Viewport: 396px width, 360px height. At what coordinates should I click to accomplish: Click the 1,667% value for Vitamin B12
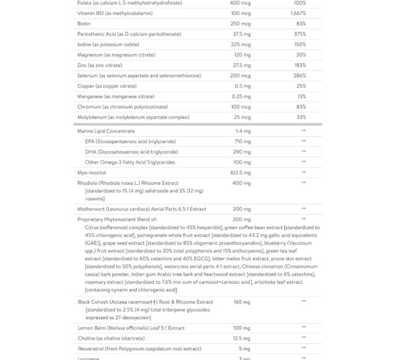(x=300, y=13)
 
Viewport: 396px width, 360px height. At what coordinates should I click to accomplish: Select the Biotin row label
(x=85, y=24)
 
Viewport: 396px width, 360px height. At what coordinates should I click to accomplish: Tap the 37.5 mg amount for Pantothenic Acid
(x=242, y=34)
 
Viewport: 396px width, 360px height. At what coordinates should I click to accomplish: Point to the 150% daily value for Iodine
(x=301, y=45)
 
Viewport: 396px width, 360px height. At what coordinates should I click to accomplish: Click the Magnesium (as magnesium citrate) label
(x=115, y=54)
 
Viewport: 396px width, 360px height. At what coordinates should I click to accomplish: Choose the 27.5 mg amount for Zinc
(x=242, y=65)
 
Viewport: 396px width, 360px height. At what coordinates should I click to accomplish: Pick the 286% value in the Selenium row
(x=301, y=75)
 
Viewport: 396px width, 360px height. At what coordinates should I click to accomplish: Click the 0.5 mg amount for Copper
(x=243, y=86)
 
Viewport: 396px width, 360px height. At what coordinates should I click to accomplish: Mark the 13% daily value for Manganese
(x=302, y=96)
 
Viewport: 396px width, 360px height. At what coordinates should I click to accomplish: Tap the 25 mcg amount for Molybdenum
(x=242, y=117)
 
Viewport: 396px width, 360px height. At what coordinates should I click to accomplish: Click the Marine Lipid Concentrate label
(x=106, y=131)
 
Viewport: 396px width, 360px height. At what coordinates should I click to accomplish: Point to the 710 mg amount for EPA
(x=242, y=142)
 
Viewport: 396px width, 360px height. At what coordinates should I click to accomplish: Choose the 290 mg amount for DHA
(x=242, y=152)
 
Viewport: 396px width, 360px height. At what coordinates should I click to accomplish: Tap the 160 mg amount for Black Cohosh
(x=242, y=302)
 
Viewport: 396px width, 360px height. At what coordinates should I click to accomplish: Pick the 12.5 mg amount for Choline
(x=242, y=338)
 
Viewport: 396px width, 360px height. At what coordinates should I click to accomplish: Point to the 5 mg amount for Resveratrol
(x=243, y=349)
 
